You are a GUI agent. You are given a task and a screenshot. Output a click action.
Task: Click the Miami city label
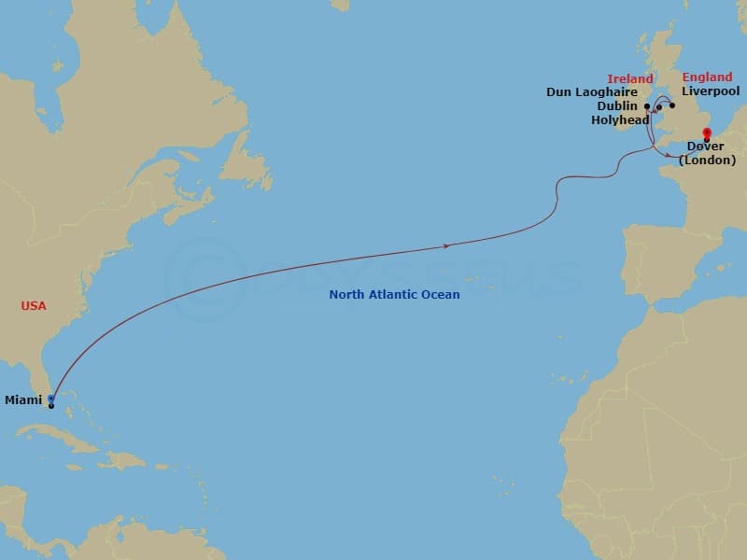(x=23, y=400)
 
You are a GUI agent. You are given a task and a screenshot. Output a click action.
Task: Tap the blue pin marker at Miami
(x=50, y=399)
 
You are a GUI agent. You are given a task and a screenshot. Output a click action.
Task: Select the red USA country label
(x=34, y=306)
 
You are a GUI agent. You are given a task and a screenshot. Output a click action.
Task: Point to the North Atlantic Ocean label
(x=394, y=295)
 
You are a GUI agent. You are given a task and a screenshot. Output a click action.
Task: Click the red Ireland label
(x=630, y=79)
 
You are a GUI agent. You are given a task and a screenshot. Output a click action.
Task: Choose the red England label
(x=707, y=77)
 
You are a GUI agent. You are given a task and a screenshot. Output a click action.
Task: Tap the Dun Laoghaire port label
(x=592, y=92)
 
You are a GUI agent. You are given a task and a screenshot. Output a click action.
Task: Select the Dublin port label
(x=616, y=106)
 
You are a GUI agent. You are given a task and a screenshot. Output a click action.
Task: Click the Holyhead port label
(x=620, y=120)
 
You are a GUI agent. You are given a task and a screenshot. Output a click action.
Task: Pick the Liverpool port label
(x=711, y=91)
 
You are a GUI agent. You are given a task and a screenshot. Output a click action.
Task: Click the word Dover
(x=705, y=147)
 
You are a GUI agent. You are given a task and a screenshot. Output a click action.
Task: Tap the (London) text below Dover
(x=705, y=161)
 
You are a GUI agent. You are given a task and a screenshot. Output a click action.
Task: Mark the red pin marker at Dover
(x=707, y=133)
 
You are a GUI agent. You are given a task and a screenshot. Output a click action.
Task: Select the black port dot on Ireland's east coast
(x=647, y=106)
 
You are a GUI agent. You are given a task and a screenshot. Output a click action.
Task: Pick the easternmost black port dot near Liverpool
(x=672, y=105)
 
